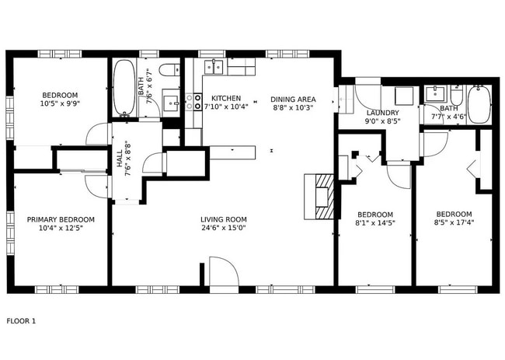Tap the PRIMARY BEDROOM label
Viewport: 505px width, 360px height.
click(60, 219)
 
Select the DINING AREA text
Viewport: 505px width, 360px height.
click(293, 99)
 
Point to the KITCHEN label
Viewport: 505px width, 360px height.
click(226, 99)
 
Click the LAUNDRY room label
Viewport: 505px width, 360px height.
click(381, 113)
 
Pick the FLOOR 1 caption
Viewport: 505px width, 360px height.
click(21, 320)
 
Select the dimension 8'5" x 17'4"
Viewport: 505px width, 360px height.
click(453, 224)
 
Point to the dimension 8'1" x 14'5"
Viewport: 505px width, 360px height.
click(374, 224)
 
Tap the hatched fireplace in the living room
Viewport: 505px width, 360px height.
click(322, 197)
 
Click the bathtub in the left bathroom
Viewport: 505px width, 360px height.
click(124, 89)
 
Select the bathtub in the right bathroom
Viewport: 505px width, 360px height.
click(479, 105)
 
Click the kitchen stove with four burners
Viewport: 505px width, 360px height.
click(193, 101)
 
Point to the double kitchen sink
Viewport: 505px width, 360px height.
click(214, 68)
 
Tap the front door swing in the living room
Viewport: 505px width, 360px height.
click(222, 272)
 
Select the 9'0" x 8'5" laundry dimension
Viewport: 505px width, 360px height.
click(381, 121)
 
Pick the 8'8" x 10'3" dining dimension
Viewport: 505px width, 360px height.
click(293, 108)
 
